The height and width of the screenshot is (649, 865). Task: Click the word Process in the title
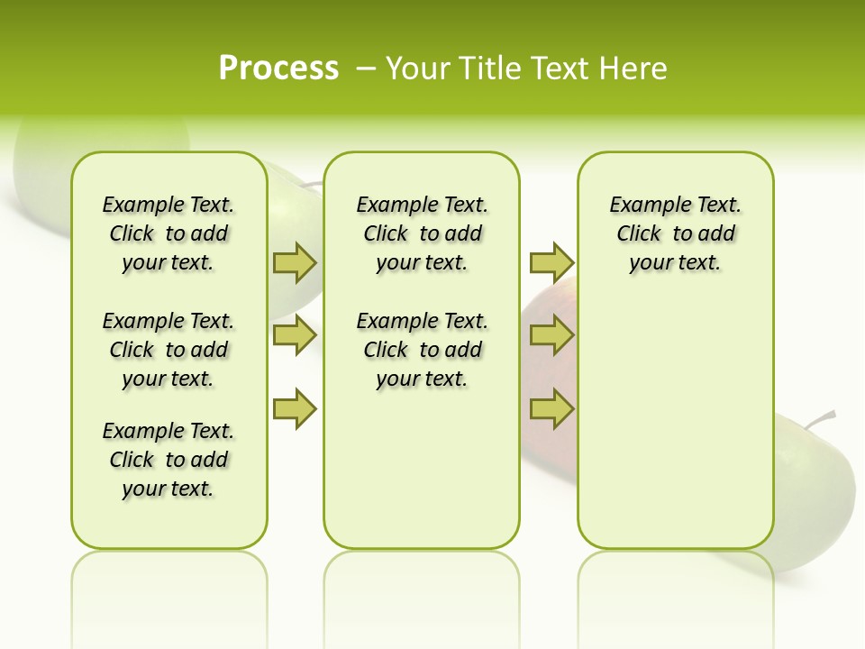(278, 68)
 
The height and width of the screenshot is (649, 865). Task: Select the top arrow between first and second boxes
(295, 263)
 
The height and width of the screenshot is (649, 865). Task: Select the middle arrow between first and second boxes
(295, 335)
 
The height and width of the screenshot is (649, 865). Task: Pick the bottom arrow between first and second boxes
(295, 409)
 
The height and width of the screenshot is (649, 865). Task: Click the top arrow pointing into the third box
(551, 263)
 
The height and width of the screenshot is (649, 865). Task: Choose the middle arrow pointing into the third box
(551, 335)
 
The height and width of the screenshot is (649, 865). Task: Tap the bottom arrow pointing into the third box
(551, 409)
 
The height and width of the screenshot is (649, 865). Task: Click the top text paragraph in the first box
(168, 233)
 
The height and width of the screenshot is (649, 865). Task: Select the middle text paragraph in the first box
(168, 350)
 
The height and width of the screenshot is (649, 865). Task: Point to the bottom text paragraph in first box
(168, 460)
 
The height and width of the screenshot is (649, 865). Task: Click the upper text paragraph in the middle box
(423, 233)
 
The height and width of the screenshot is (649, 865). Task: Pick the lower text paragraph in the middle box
(423, 350)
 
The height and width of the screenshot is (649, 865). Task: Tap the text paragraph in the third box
(676, 233)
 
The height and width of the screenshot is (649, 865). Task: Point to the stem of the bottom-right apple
(821, 419)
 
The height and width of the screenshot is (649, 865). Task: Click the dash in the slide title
(366, 69)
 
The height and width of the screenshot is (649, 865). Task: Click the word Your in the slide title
(418, 69)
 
